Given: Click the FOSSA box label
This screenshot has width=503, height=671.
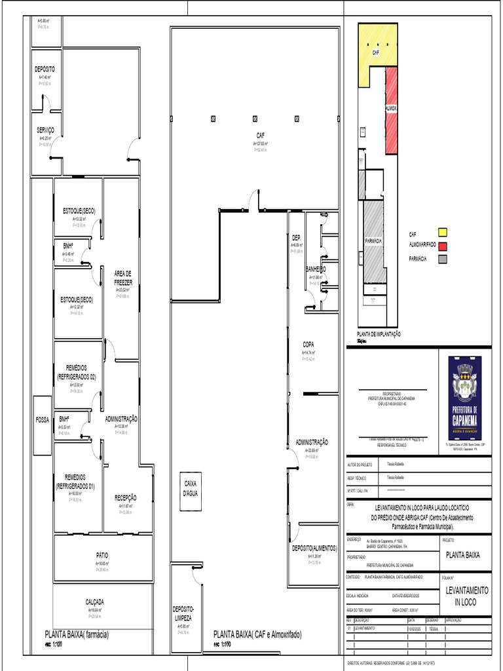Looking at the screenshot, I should [x=42, y=419].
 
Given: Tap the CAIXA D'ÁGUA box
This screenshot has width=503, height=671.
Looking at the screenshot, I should [x=190, y=488].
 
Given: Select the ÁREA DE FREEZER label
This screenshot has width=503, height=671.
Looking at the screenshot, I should [x=123, y=278].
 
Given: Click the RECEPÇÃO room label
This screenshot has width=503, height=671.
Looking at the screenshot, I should [x=125, y=497].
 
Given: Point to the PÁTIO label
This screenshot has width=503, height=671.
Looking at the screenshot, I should [x=102, y=556].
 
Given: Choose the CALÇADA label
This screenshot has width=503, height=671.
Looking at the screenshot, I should [x=95, y=602].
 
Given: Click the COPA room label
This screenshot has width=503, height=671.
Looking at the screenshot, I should [x=308, y=344].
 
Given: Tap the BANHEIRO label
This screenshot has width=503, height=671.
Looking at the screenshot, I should [x=315, y=269].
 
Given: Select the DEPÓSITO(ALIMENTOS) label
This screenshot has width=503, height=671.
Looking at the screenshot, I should [x=314, y=548].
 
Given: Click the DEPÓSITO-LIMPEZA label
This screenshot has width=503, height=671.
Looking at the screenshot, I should [x=183, y=613].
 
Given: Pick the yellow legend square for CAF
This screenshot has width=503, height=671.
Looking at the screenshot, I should [x=443, y=233].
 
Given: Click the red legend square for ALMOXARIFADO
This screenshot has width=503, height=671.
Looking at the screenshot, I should [x=443, y=246].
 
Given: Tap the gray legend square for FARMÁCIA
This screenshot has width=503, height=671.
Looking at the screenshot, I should [x=443, y=259].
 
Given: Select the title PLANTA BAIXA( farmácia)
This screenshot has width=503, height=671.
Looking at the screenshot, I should [x=77, y=634].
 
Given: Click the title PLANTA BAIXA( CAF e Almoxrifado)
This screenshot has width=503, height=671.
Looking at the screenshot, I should [x=257, y=634].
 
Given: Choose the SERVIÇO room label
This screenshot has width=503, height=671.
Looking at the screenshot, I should [x=46, y=130].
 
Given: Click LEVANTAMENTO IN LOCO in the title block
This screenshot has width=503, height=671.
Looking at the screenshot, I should [x=466, y=596].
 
